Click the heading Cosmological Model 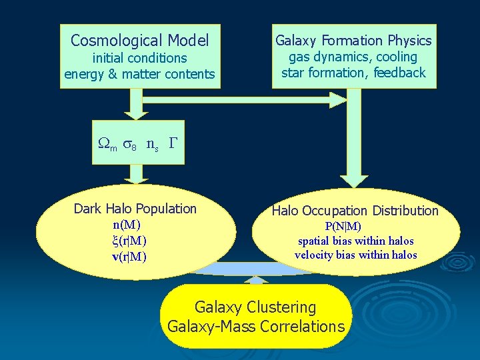tap(139, 41)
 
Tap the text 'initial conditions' tap(139, 58)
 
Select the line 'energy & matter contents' tap(139, 74)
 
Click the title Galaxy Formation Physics tap(353, 41)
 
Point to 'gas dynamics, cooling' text tap(353, 57)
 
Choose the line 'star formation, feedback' tap(353, 73)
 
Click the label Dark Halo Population tap(135, 209)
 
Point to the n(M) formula tap(127, 225)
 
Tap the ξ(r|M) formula tap(130, 240)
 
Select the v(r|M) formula tap(130, 256)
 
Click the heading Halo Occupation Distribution tap(355, 211)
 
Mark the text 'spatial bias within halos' tap(355, 241)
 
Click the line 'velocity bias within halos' tap(355, 255)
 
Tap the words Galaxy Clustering tap(255, 307)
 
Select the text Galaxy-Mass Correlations tap(256, 327)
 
